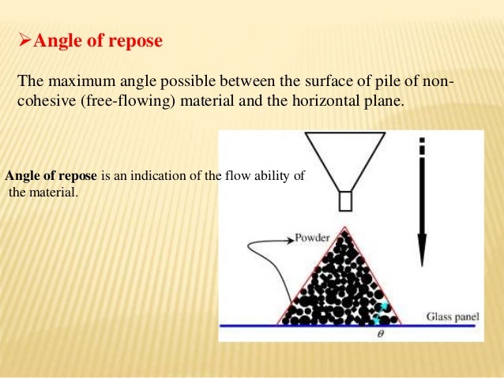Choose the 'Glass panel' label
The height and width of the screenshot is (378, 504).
click(x=453, y=317)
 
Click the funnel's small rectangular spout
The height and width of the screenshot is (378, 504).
click(x=344, y=200)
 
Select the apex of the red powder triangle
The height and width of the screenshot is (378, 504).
click(x=342, y=229)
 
